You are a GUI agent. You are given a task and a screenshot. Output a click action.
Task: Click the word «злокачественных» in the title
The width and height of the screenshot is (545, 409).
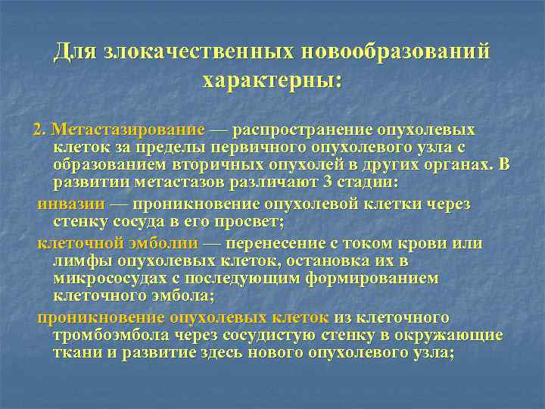(x=201, y=53)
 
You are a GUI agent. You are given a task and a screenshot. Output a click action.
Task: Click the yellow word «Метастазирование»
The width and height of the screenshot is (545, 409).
(x=128, y=130)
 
